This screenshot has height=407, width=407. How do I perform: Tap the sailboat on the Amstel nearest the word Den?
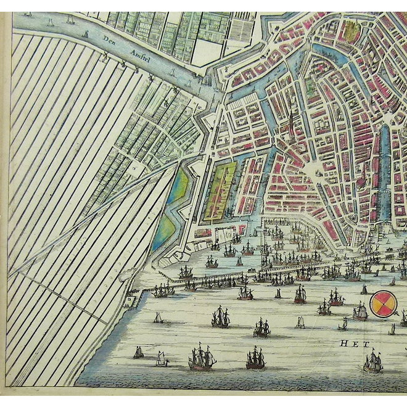(x=85, y=33)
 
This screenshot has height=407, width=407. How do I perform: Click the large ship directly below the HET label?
(x=372, y=363)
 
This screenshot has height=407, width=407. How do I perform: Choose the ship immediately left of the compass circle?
(x=360, y=311)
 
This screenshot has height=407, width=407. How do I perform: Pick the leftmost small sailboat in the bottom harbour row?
(x=139, y=352)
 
